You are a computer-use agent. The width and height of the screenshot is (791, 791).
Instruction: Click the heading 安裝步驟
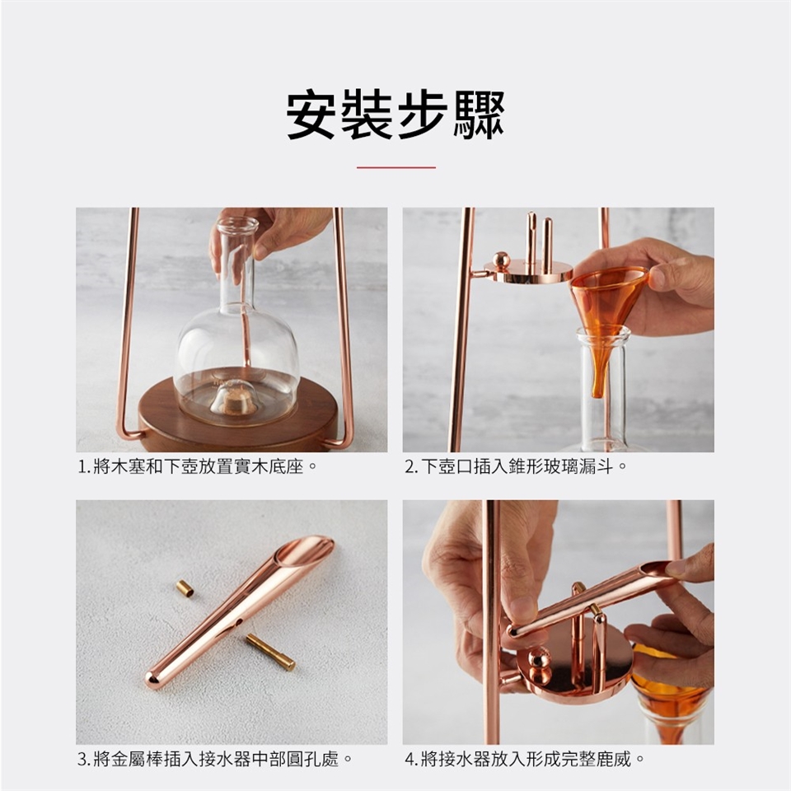[395, 115]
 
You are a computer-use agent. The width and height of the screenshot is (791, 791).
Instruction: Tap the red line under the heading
[396, 167]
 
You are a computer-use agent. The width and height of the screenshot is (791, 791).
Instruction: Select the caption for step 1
[197, 466]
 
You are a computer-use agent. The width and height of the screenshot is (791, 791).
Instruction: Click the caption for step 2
[516, 466]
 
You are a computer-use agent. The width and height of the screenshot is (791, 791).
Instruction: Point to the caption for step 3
[215, 759]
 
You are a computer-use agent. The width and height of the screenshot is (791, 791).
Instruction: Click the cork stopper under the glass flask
[233, 399]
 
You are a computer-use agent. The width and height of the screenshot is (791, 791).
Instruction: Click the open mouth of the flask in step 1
[237, 223]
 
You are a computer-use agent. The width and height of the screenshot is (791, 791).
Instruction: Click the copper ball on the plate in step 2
[502, 260]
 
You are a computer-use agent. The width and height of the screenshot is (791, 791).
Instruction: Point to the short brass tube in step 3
[185, 588]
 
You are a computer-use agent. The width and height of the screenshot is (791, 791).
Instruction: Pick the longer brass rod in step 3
[270, 653]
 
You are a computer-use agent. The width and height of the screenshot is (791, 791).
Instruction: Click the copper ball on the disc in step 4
[539, 659]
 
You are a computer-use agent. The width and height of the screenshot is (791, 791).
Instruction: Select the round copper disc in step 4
[574, 668]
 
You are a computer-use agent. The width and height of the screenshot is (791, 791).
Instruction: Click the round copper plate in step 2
[528, 272]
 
